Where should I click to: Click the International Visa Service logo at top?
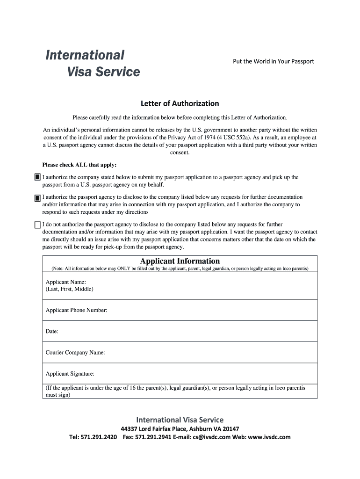click(x=92, y=63)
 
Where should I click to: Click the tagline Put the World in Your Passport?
click(x=274, y=61)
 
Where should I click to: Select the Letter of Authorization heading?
click(x=180, y=103)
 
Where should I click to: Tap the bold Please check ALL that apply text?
click(x=79, y=165)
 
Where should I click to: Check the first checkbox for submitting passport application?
click(x=37, y=178)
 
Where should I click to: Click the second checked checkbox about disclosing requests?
click(x=37, y=198)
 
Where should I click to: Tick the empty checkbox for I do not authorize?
click(x=37, y=225)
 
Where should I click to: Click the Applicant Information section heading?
click(x=180, y=261)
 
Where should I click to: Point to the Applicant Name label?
click(x=65, y=282)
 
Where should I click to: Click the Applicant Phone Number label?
click(x=76, y=310)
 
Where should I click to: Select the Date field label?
click(x=52, y=331)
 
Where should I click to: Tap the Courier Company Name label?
click(x=75, y=353)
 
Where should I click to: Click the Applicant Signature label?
click(x=70, y=374)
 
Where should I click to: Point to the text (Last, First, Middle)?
click(x=69, y=289)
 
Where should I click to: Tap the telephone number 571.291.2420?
click(x=99, y=437)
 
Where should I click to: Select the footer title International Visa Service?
click(x=180, y=420)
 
